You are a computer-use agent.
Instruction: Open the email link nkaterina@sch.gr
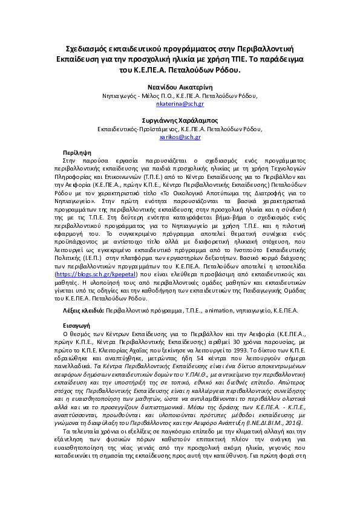coord(180,104)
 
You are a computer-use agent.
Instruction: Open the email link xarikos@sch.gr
coord(180,138)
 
